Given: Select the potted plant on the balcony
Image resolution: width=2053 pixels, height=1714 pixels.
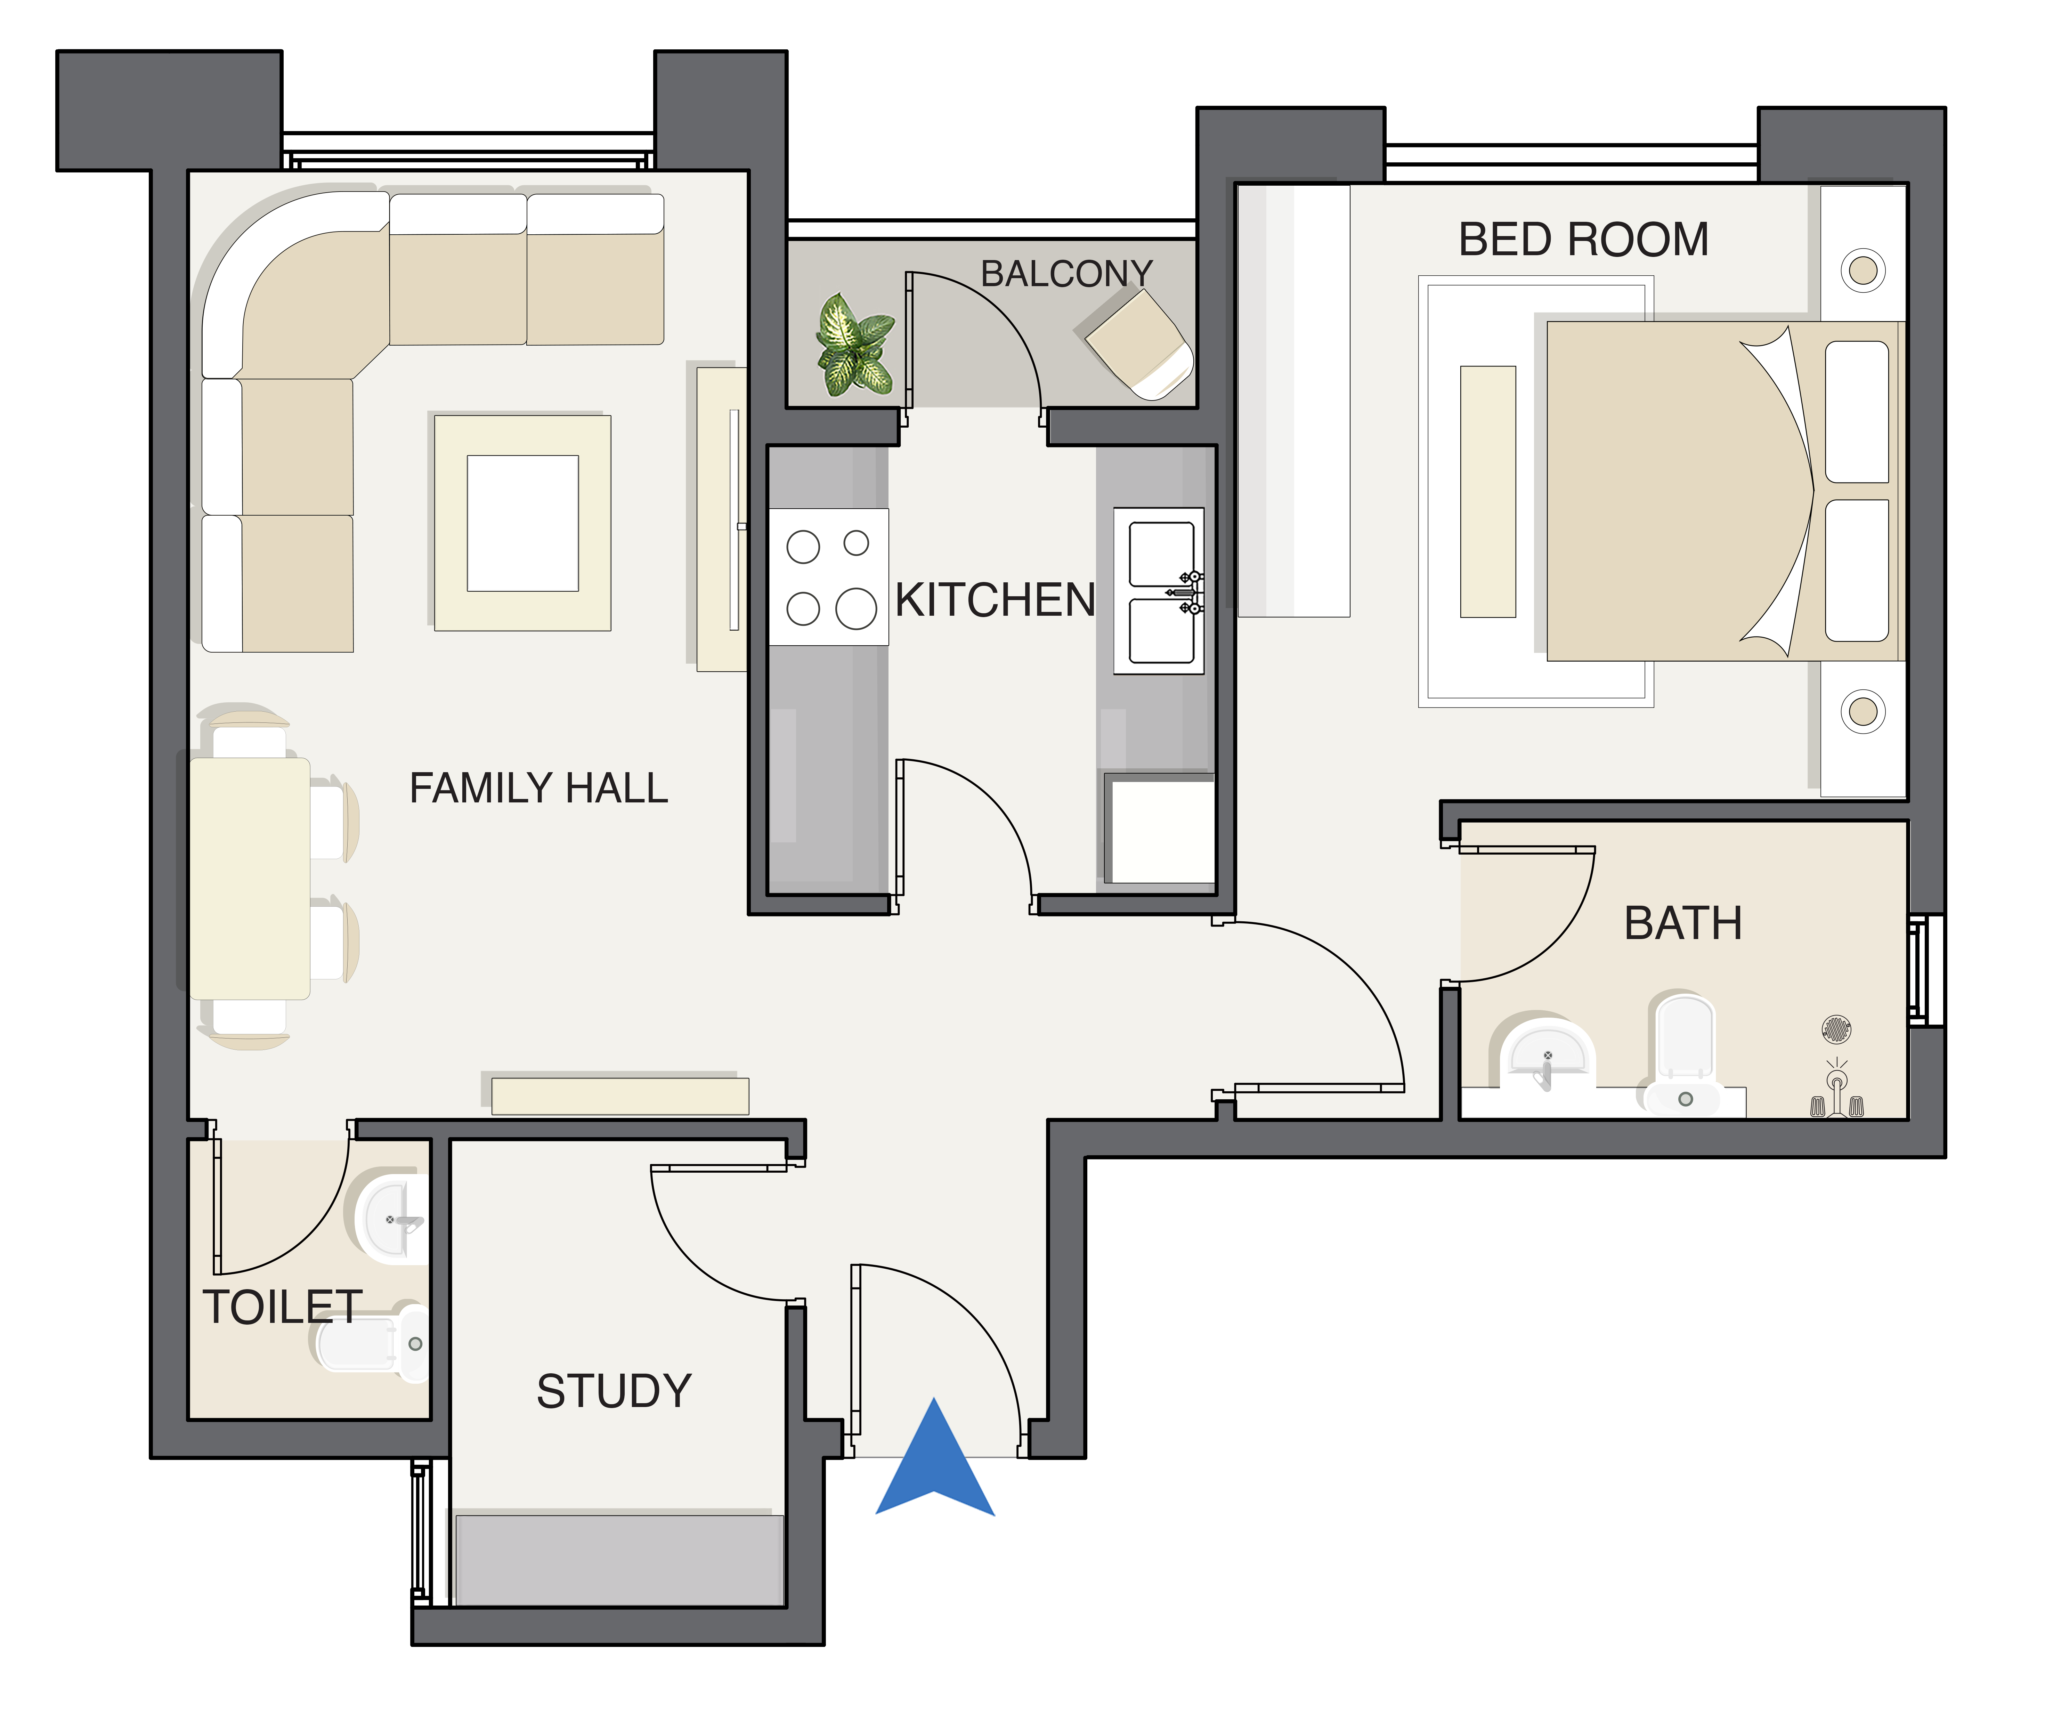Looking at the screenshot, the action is click(855, 344).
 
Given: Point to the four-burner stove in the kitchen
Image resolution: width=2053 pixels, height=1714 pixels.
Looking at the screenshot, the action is click(829, 577).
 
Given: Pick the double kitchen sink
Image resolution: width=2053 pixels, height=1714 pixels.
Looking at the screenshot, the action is click(1159, 591).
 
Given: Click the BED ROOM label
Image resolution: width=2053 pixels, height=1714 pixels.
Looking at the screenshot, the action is click(1584, 240).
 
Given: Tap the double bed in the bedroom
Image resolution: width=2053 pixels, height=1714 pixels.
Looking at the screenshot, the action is click(1726, 491).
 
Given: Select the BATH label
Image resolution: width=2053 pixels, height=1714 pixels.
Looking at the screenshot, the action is click(1683, 923).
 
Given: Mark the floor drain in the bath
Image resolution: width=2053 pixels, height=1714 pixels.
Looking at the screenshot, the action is click(1837, 1029).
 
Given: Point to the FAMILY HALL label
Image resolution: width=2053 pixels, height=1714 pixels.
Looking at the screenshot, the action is click(539, 788).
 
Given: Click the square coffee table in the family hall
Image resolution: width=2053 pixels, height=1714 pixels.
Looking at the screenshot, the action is click(523, 523).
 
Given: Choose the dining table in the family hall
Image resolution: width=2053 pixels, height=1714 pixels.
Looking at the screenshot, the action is click(250, 878).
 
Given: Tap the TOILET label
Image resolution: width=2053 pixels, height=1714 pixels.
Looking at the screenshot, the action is click(283, 1307).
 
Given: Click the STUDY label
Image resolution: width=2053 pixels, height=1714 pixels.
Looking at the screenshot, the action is click(614, 1390).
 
